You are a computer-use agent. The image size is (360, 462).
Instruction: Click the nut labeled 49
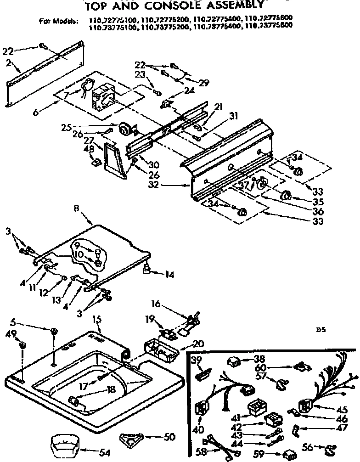(x=23, y=344)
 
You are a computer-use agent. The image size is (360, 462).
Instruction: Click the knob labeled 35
(x=285, y=195)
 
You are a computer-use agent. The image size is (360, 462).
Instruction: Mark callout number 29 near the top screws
(x=203, y=83)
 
